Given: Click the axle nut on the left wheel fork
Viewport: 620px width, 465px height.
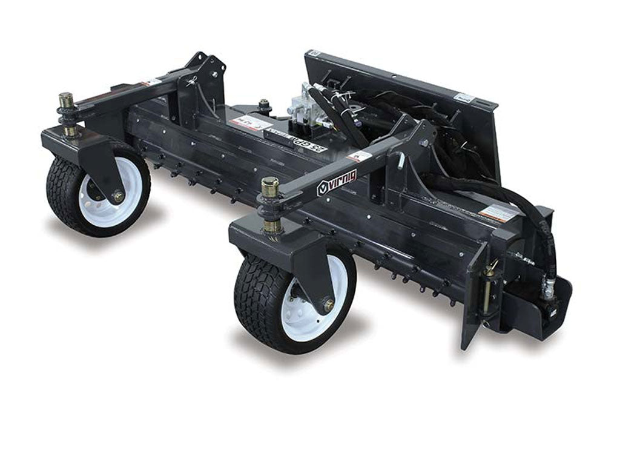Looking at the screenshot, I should click(x=117, y=196).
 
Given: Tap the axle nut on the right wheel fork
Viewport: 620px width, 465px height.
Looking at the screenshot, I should click(x=329, y=305).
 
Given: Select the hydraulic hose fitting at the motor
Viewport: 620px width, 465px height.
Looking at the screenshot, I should click(x=549, y=289).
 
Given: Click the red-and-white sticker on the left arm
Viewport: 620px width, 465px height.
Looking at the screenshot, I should click(x=151, y=82).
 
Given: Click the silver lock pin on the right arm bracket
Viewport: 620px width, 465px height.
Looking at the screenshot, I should click(x=400, y=161).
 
